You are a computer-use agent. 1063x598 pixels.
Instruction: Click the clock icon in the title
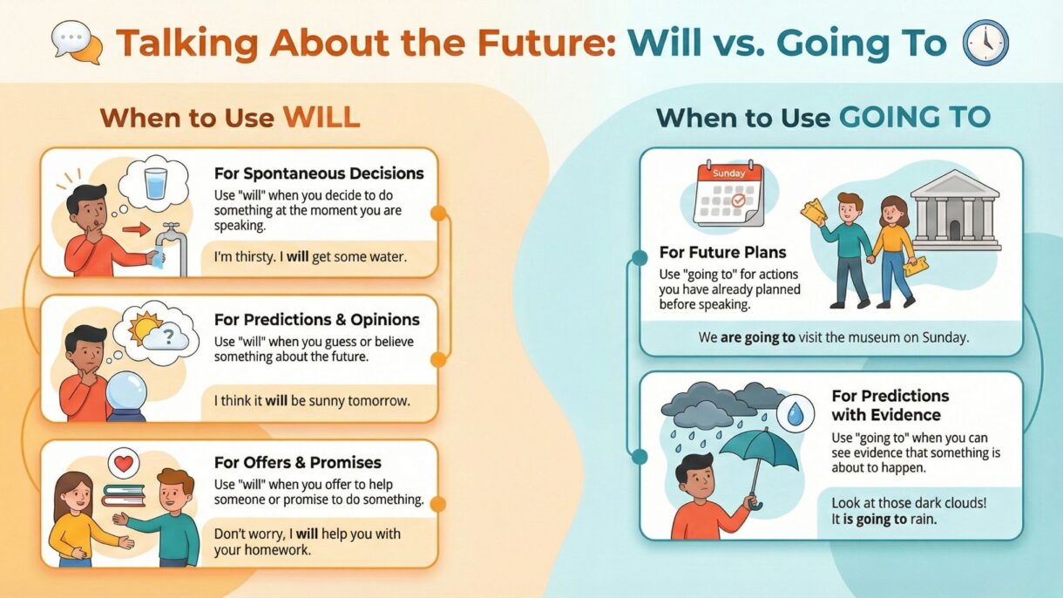point(985,43)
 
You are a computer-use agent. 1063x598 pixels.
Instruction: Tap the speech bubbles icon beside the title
point(77,42)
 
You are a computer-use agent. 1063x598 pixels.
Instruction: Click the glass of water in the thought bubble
point(156,184)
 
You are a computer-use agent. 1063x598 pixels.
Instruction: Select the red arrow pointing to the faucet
point(136,230)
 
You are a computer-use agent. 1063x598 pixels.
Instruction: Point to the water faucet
point(172,247)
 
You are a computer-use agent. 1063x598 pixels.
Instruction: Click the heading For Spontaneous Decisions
point(319,173)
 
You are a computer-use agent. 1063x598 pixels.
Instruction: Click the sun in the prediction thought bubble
point(144,327)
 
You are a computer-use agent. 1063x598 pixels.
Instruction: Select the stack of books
point(124,496)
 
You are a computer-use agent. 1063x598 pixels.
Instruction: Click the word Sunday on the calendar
point(729,173)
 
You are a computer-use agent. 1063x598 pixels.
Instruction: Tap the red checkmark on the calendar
point(738,200)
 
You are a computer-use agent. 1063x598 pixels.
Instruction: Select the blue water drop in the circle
point(795,414)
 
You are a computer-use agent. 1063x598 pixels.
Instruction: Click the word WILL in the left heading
point(322,117)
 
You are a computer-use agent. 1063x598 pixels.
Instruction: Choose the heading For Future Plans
point(722,253)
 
